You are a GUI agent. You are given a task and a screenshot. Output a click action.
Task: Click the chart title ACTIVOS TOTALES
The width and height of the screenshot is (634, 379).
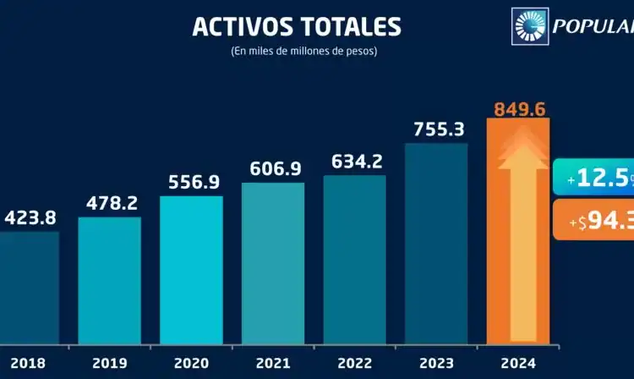[x=296, y=26]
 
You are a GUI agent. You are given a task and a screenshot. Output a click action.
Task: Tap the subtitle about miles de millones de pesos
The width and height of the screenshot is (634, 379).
[x=303, y=52]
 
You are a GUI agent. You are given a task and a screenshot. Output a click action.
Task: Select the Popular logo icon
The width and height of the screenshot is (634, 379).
[x=530, y=25]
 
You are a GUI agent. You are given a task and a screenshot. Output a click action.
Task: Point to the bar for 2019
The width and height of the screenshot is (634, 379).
[x=110, y=279]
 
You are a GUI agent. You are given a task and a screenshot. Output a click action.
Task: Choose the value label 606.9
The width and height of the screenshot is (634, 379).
[x=275, y=168]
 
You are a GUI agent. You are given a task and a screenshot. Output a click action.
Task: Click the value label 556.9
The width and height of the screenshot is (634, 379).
[x=193, y=182]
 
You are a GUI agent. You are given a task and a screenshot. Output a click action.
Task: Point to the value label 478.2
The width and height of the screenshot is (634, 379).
[x=112, y=203]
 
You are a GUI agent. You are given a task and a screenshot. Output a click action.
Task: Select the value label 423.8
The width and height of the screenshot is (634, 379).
[x=30, y=217]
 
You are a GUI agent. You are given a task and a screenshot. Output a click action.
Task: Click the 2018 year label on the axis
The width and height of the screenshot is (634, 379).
[x=28, y=362]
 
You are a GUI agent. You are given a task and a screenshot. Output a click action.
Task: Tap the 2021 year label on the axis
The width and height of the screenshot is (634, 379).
[x=274, y=362]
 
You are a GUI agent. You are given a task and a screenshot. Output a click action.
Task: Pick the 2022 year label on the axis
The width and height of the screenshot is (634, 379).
[x=356, y=362]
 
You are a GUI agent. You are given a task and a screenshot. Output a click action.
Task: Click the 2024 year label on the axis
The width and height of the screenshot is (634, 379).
[x=518, y=362]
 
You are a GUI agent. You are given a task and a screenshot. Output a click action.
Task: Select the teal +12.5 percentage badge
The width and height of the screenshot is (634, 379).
[x=593, y=178]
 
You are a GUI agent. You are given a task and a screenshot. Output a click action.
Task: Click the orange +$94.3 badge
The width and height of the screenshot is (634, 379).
[x=593, y=219]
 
